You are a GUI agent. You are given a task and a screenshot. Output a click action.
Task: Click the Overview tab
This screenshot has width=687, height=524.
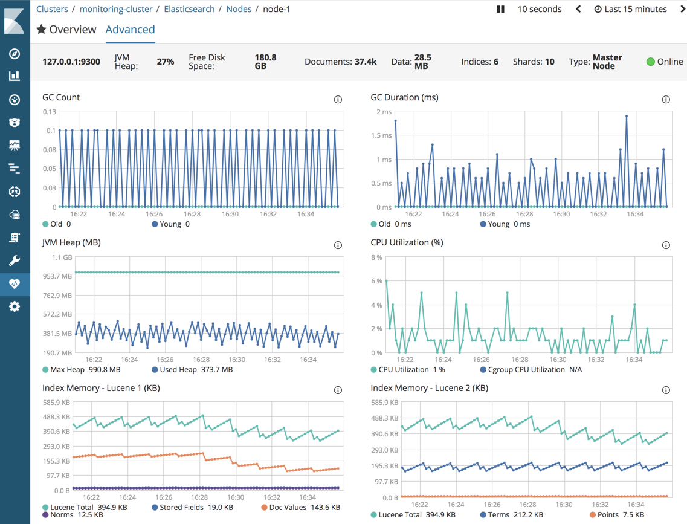(x=66, y=30)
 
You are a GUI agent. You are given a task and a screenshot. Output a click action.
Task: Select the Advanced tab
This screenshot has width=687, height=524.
(x=130, y=30)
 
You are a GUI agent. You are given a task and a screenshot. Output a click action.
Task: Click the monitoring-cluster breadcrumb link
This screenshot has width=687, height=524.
(x=116, y=9)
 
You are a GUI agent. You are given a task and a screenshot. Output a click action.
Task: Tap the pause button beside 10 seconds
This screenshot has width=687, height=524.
(x=500, y=9)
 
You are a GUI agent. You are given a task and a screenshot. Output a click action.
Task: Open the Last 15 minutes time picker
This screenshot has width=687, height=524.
(x=630, y=9)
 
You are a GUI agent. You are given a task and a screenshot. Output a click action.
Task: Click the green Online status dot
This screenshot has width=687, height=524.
(x=651, y=62)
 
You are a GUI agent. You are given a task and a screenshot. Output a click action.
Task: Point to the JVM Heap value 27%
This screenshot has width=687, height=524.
(x=165, y=62)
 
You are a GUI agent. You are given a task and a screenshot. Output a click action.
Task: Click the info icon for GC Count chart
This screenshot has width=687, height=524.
(x=338, y=100)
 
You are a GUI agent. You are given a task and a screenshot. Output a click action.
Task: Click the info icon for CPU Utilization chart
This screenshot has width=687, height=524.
(x=666, y=245)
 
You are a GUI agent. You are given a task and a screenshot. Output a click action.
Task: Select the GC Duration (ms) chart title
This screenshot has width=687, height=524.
(x=404, y=97)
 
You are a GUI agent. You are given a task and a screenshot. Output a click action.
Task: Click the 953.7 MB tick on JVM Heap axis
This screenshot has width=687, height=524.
(x=57, y=276)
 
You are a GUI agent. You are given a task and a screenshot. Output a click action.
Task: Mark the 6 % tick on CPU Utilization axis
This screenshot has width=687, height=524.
(x=376, y=281)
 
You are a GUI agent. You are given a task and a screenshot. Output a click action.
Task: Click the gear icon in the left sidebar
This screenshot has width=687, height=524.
(x=15, y=306)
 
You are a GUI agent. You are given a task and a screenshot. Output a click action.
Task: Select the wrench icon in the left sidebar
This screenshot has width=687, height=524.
(x=15, y=260)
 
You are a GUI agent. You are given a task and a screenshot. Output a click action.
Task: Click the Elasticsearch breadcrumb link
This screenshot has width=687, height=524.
(x=189, y=9)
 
